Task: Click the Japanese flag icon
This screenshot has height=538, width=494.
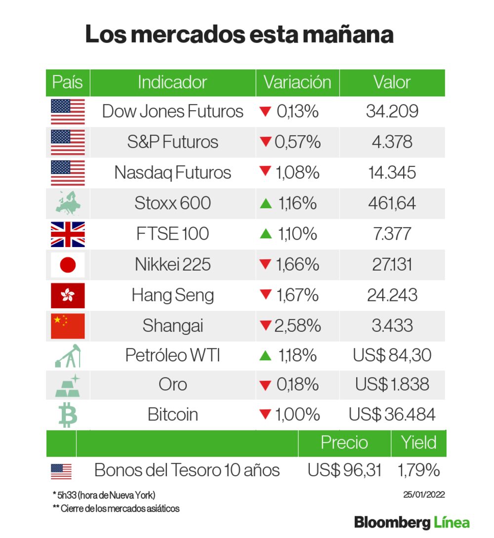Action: (x=68, y=265)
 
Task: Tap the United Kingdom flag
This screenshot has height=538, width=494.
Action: (x=68, y=234)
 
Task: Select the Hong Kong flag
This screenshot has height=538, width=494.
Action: (x=68, y=295)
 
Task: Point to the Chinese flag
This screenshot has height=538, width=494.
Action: (x=68, y=326)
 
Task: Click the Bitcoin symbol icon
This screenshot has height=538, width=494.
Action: (x=68, y=414)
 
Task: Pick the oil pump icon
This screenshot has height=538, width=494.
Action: (x=68, y=356)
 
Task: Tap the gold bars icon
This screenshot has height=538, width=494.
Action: (x=68, y=385)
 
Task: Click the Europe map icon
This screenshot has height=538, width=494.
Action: (x=68, y=203)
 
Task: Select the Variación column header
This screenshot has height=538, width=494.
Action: (x=297, y=82)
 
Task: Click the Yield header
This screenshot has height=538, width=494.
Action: (x=418, y=443)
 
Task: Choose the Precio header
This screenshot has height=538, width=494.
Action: (x=344, y=443)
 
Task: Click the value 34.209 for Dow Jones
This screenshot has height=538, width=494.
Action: (x=392, y=112)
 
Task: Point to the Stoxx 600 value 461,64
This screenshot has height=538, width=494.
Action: (x=392, y=203)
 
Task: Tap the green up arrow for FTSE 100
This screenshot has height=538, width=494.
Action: (x=266, y=234)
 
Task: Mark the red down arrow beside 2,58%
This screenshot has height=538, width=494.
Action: (x=266, y=326)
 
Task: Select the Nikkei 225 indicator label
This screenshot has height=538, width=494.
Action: (x=173, y=265)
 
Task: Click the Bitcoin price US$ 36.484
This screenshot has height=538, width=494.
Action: (x=392, y=414)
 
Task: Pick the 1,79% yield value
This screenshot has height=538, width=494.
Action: (x=418, y=470)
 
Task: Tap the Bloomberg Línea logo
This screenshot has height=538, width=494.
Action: (x=412, y=522)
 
